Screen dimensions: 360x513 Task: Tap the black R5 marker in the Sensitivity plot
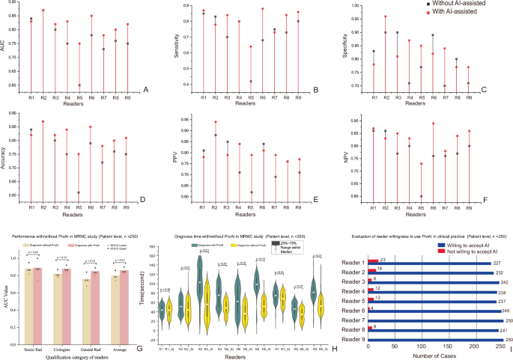[x=252, y=81]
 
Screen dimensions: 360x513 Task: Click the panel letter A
[x=146, y=90]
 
